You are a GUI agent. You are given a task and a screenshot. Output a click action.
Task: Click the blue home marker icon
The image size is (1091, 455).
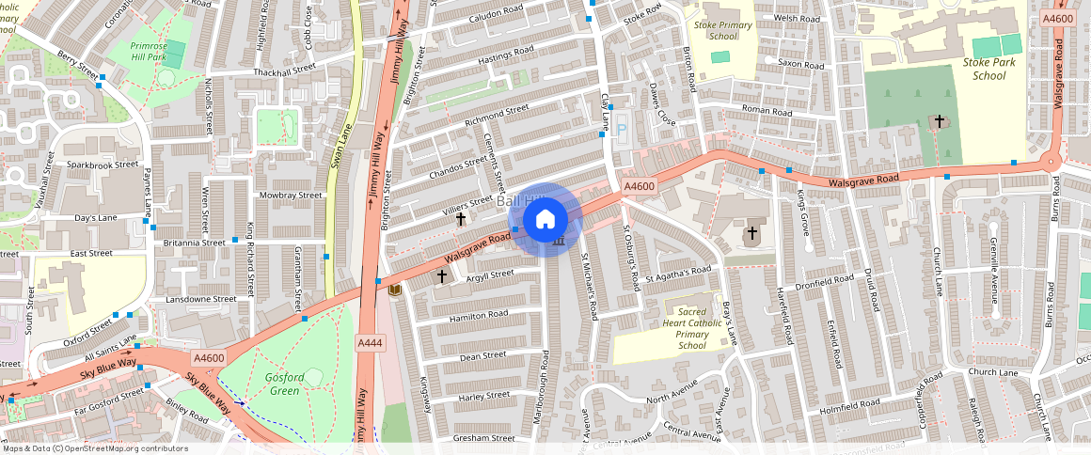[x=545, y=220]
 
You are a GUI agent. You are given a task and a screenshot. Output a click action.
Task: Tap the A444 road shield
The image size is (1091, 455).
[x=370, y=344]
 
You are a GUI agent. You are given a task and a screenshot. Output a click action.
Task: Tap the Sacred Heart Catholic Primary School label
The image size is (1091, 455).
[x=691, y=327]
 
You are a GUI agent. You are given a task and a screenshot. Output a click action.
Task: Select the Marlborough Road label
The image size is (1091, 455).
[x=544, y=385]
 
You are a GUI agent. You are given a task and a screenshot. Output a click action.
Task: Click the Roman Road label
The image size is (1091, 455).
[x=767, y=110]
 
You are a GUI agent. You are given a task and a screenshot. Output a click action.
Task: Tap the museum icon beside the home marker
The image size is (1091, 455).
[x=560, y=242]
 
